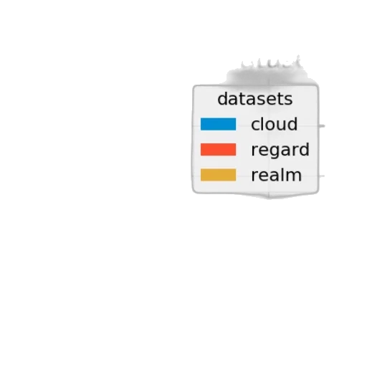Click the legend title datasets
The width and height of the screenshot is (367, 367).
255,99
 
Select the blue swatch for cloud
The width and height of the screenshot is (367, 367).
218,124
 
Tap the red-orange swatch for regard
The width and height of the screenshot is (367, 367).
218,150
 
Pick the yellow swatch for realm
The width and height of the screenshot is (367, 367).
218,175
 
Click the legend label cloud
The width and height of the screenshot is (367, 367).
275,124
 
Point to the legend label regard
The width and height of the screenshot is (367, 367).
280,151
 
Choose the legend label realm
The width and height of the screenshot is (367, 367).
277,175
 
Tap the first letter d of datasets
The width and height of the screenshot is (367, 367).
222,99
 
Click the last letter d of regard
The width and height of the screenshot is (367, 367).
305,150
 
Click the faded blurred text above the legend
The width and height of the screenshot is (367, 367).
270,62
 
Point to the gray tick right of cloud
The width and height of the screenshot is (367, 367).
322,126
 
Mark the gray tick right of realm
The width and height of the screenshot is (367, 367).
322,176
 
